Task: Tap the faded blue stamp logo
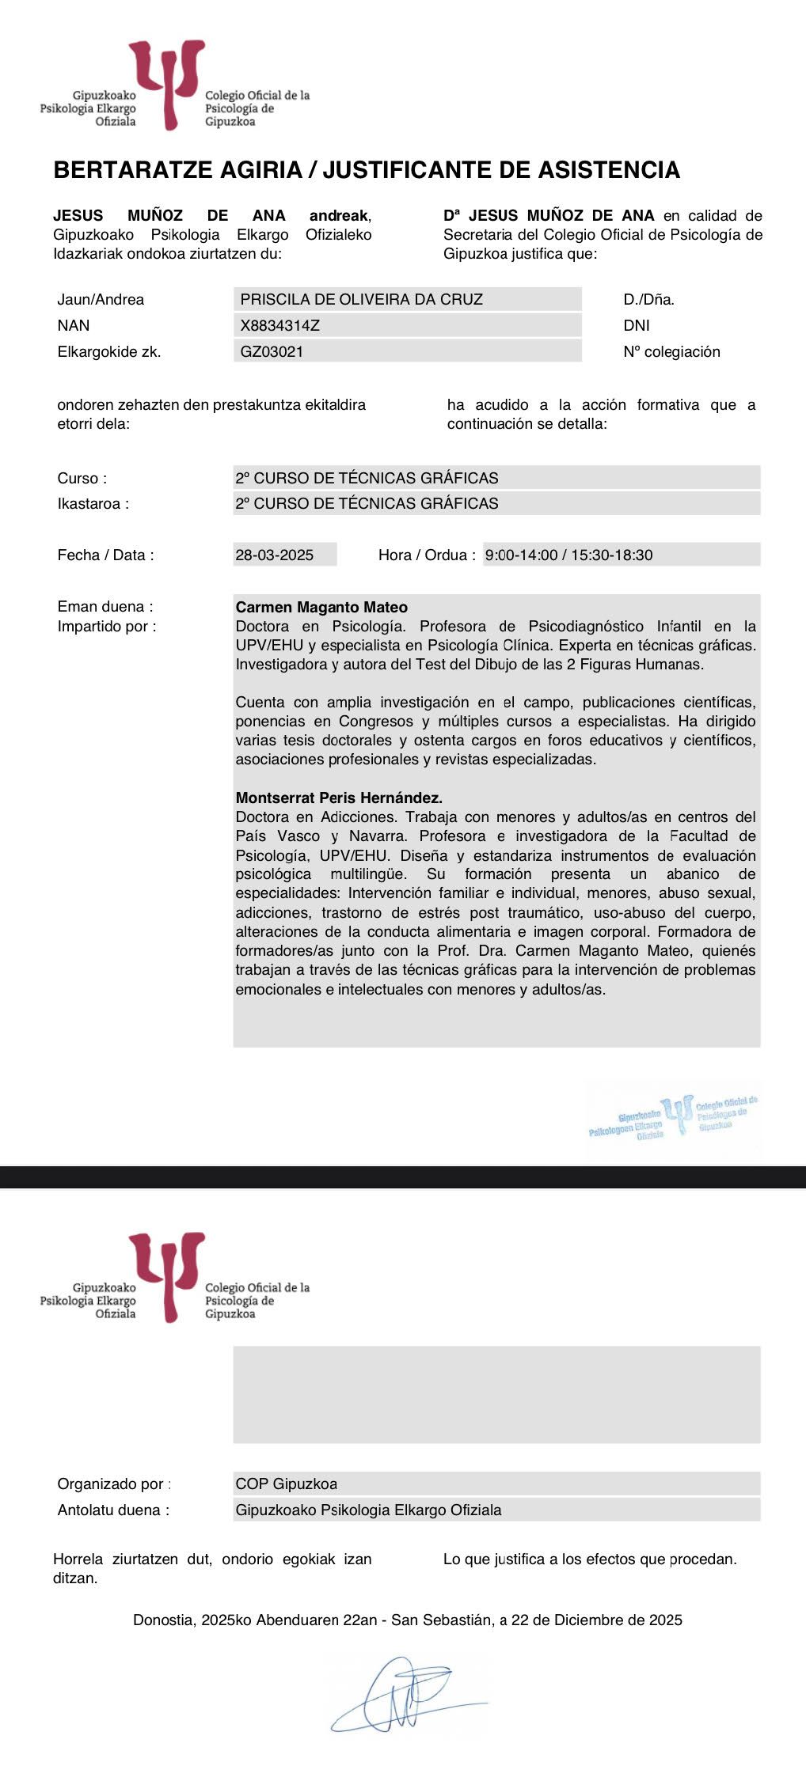coord(674,1118)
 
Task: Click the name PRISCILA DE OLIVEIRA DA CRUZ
coord(361,299)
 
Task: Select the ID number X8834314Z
coord(279,325)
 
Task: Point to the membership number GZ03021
coord(272,351)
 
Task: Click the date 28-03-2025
coord(274,555)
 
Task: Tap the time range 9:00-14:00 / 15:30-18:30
coord(568,555)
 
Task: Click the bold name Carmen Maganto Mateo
coord(321,607)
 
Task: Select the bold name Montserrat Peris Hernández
coord(339,798)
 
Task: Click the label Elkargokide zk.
coord(108,351)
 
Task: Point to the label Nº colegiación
coord(671,351)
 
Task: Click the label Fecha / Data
coord(105,555)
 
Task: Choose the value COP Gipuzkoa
coord(286,1484)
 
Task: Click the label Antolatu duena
coord(112,1510)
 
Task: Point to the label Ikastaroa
coord(93,503)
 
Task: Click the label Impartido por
coord(107,626)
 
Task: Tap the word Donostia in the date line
coord(162,1620)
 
